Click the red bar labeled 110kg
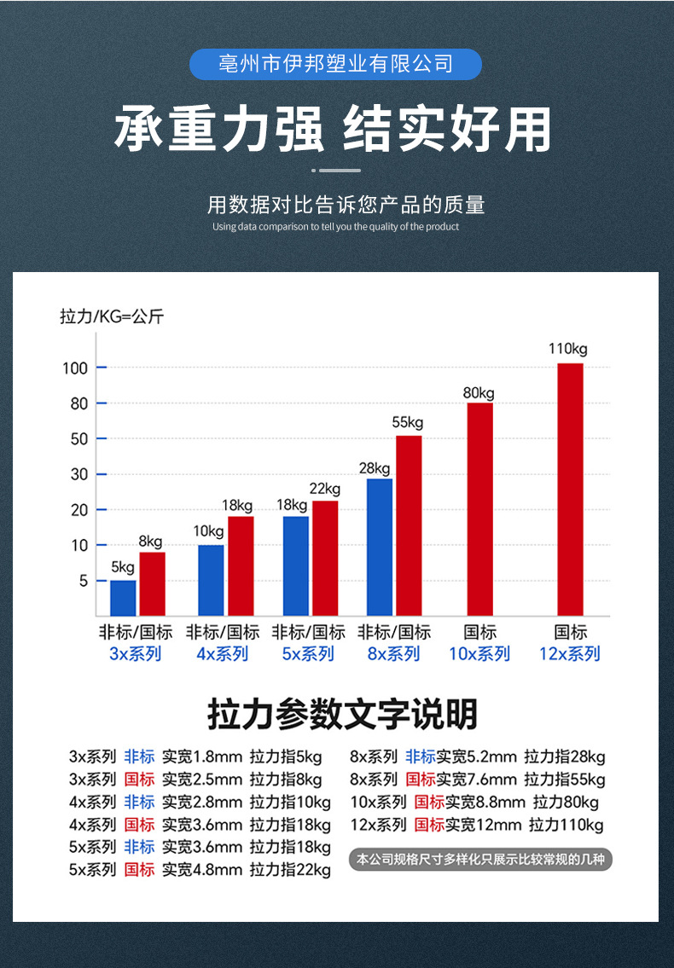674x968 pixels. (569, 489)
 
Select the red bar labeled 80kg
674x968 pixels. (479, 508)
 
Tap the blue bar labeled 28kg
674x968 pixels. (380, 547)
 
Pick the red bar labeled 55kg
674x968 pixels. (409, 525)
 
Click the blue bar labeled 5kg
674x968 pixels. (123, 597)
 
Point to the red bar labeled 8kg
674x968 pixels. (152, 583)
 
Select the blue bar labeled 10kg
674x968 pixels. (211, 580)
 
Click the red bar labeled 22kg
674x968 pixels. (325, 558)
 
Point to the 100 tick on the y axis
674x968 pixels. (74, 368)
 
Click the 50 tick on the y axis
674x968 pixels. (78, 439)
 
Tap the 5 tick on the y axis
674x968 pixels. (82, 581)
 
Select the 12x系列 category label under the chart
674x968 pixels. (569, 654)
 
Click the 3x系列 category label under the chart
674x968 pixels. (136, 654)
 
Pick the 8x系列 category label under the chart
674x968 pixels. (393, 654)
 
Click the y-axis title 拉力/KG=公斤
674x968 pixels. (112, 317)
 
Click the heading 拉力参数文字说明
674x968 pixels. (342, 715)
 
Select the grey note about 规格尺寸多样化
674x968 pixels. (480, 859)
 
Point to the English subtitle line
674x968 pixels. (335, 227)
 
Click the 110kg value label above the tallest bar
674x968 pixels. (567, 349)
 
